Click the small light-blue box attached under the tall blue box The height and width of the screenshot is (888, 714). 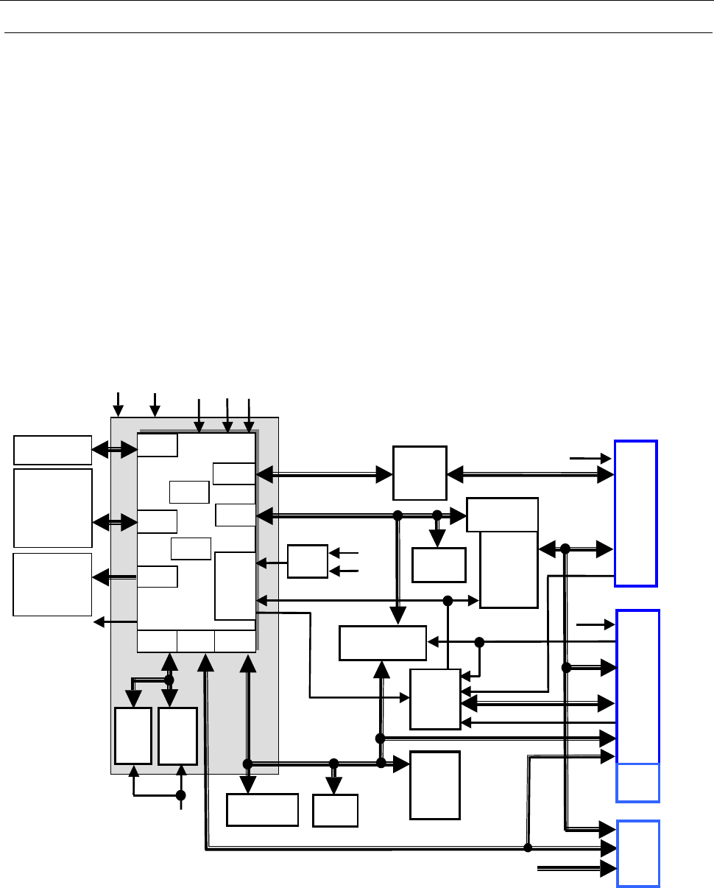tap(637, 783)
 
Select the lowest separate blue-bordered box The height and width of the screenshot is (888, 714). tap(637, 853)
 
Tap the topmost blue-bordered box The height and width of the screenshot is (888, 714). tap(635, 512)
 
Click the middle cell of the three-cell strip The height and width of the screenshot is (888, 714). tap(196, 641)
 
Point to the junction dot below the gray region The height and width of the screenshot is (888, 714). tap(181, 795)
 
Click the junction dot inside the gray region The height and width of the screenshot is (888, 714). tap(169, 680)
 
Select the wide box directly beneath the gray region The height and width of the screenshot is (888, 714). tap(262, 810)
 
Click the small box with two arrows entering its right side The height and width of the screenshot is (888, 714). tap(307, 562)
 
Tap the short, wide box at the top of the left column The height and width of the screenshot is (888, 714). tap(52, 450)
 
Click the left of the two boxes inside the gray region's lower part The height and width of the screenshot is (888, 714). tap(133, 736)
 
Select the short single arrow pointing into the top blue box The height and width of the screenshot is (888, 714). tap(590, 458)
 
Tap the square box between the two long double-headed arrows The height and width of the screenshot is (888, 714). tap(420, 473)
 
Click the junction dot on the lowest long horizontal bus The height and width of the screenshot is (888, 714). tap(528, 848)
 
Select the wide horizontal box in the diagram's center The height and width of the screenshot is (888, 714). tap(383, 643)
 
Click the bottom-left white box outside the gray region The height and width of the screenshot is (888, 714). tap(52, 584)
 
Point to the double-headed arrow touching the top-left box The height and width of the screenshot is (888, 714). tap(114, 447)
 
